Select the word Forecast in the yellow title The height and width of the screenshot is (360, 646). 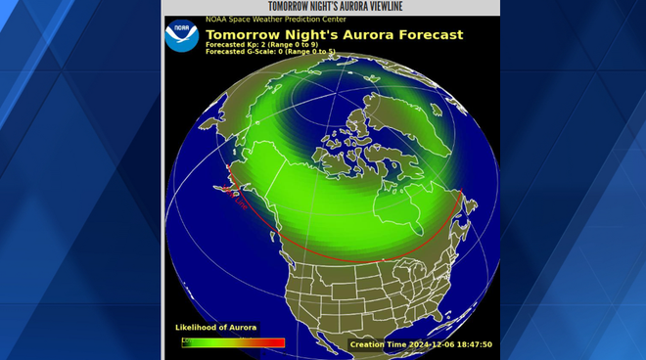coord(428,35)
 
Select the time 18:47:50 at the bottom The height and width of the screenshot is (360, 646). coord(472,344)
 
